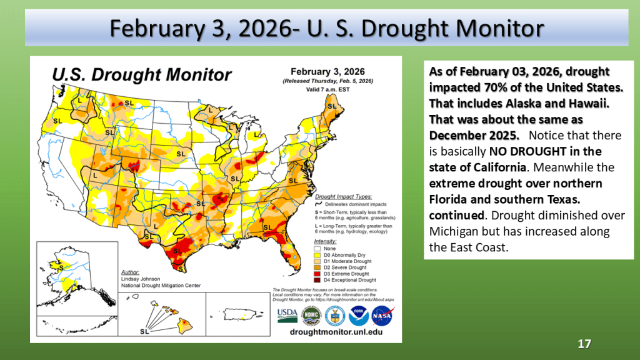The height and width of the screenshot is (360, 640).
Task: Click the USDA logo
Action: [287, 314]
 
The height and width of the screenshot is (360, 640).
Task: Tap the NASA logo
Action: [382, 314]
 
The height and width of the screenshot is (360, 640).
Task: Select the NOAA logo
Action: [359, 314]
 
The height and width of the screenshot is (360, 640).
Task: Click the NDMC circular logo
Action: [311, 314]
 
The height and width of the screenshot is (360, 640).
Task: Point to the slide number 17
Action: [584, 344]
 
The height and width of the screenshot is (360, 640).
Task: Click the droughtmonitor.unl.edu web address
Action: [336, 332]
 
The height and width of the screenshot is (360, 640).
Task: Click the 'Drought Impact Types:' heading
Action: [342, 196]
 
